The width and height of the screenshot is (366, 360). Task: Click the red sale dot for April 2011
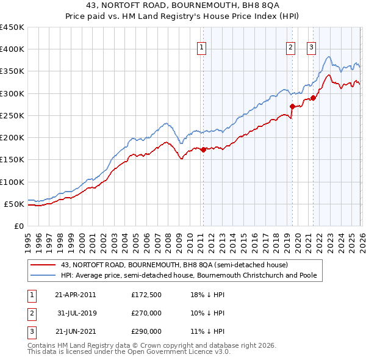pos(203,149)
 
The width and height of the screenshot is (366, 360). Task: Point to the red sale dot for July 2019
pos(292,106)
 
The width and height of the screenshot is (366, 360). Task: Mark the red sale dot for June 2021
pos(313,98)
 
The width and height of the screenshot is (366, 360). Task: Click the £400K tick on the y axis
pos(12,49)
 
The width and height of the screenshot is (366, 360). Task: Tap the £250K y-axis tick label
pos(12,115)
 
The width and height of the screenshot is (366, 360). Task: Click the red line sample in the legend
pos(43,265)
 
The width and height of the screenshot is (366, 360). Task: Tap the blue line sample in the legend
pos(43,275)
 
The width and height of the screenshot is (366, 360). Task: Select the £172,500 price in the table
pos(146,295)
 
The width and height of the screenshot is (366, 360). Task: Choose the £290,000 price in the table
pos(146,331)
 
